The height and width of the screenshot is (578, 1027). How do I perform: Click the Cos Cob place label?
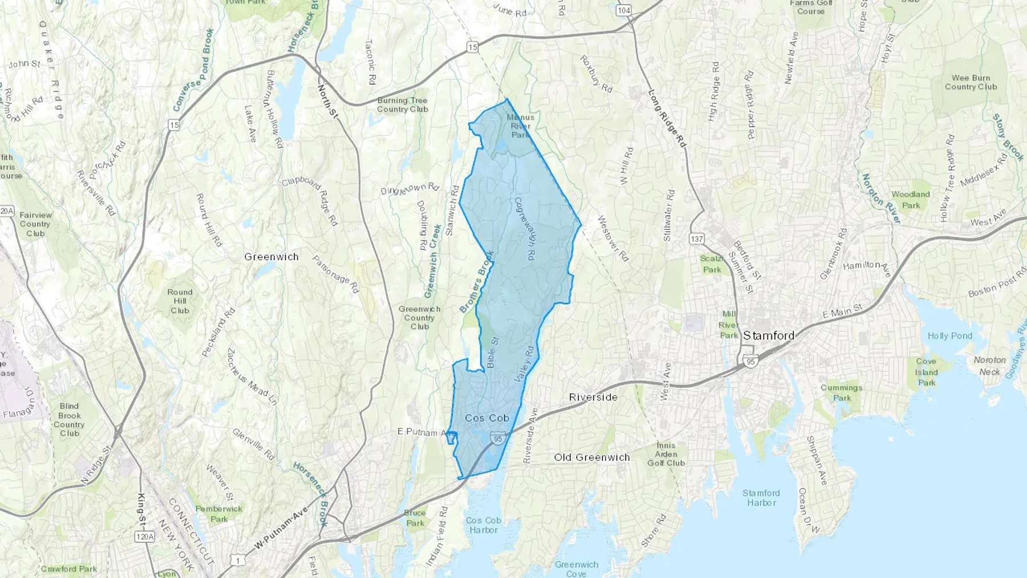(487, 418)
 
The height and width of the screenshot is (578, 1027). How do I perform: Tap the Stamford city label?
(769, 336)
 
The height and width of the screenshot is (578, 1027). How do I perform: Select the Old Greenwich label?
(592, 457)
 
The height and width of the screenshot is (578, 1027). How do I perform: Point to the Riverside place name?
(593, 397)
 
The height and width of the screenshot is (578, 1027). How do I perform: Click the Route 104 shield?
(624, 10)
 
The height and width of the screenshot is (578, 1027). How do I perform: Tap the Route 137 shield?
(696, 239)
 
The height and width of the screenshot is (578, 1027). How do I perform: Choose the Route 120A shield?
(144, 536)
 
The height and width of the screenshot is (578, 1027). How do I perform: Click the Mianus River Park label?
(520, 126)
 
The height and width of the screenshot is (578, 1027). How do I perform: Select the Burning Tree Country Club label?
(402, 104)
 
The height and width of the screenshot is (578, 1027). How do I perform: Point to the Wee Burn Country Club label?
(971, 82)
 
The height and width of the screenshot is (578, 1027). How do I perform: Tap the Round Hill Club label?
(180, 301)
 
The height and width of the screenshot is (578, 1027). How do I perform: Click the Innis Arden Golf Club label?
(666, 454)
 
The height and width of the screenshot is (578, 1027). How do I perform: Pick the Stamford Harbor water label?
(761, 498)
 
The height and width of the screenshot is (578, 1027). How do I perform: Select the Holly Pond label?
(949, 336)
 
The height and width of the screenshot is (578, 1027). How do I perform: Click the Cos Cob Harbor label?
(483, 525)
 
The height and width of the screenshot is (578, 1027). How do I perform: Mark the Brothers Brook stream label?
(476, 282)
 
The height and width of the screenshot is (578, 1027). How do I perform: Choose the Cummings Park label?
(842, 393)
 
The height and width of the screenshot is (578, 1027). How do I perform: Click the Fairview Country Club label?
(35, 224)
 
